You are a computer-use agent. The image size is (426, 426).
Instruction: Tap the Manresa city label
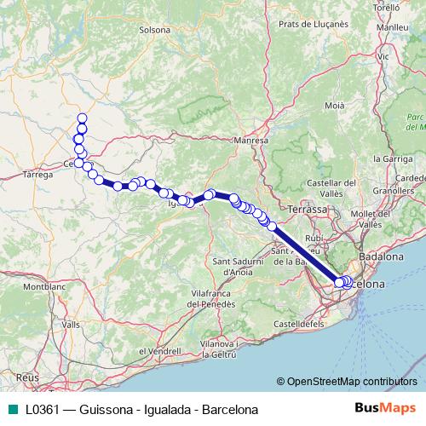click(251, 140)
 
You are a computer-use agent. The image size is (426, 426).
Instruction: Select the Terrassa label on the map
click(308, 209)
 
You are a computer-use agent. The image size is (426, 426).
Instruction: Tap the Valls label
click(71, 325)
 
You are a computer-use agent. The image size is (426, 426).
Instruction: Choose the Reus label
click(27, 376)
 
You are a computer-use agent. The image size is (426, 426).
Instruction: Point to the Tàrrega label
click(39, 174)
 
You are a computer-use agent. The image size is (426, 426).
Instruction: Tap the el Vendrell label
click(153, 351)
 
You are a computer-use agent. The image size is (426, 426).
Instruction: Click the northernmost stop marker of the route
click(83, 118)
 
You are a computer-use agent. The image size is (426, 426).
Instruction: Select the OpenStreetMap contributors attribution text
click(353, 383)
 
